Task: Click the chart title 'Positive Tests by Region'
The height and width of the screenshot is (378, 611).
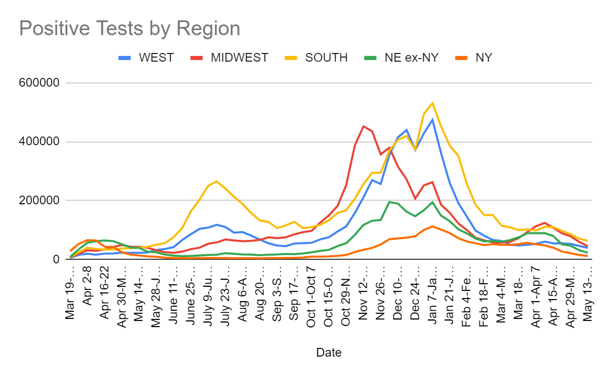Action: coord(129,29)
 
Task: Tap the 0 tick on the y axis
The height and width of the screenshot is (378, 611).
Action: coord(57,259)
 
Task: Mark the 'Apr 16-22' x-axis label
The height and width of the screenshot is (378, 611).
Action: coord(105,292)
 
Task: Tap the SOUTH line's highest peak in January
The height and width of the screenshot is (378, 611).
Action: coord(432,103)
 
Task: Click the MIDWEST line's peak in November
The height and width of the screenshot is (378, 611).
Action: coord(364,126)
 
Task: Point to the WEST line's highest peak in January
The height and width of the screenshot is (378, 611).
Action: coord(432,120)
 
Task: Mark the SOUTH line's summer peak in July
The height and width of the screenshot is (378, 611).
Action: coord(217,181)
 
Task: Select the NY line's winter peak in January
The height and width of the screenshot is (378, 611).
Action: coord(432,226)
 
